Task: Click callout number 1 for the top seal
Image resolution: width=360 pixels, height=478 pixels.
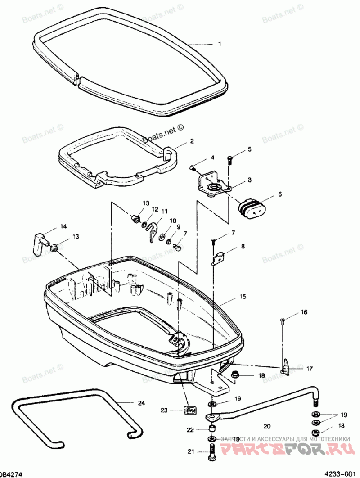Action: (x=220, y=44)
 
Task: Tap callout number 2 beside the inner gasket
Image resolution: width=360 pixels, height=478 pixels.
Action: (x=192, y=141)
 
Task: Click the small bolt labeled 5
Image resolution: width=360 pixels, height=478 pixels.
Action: (x=229, y=158)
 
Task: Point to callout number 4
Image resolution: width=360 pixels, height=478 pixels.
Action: (x=212, y=158)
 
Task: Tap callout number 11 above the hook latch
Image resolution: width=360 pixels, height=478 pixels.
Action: (x=165, y=211)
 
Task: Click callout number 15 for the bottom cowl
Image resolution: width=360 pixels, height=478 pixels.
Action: (x=243, y=297)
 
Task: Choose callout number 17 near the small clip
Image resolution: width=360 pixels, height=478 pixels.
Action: (x=310, y=368)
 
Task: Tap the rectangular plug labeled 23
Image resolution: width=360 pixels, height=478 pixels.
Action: (x=191, y=410)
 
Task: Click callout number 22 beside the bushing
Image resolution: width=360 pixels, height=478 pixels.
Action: (x=190, y=430)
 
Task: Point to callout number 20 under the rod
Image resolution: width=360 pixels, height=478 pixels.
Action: (x=267, y=425)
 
